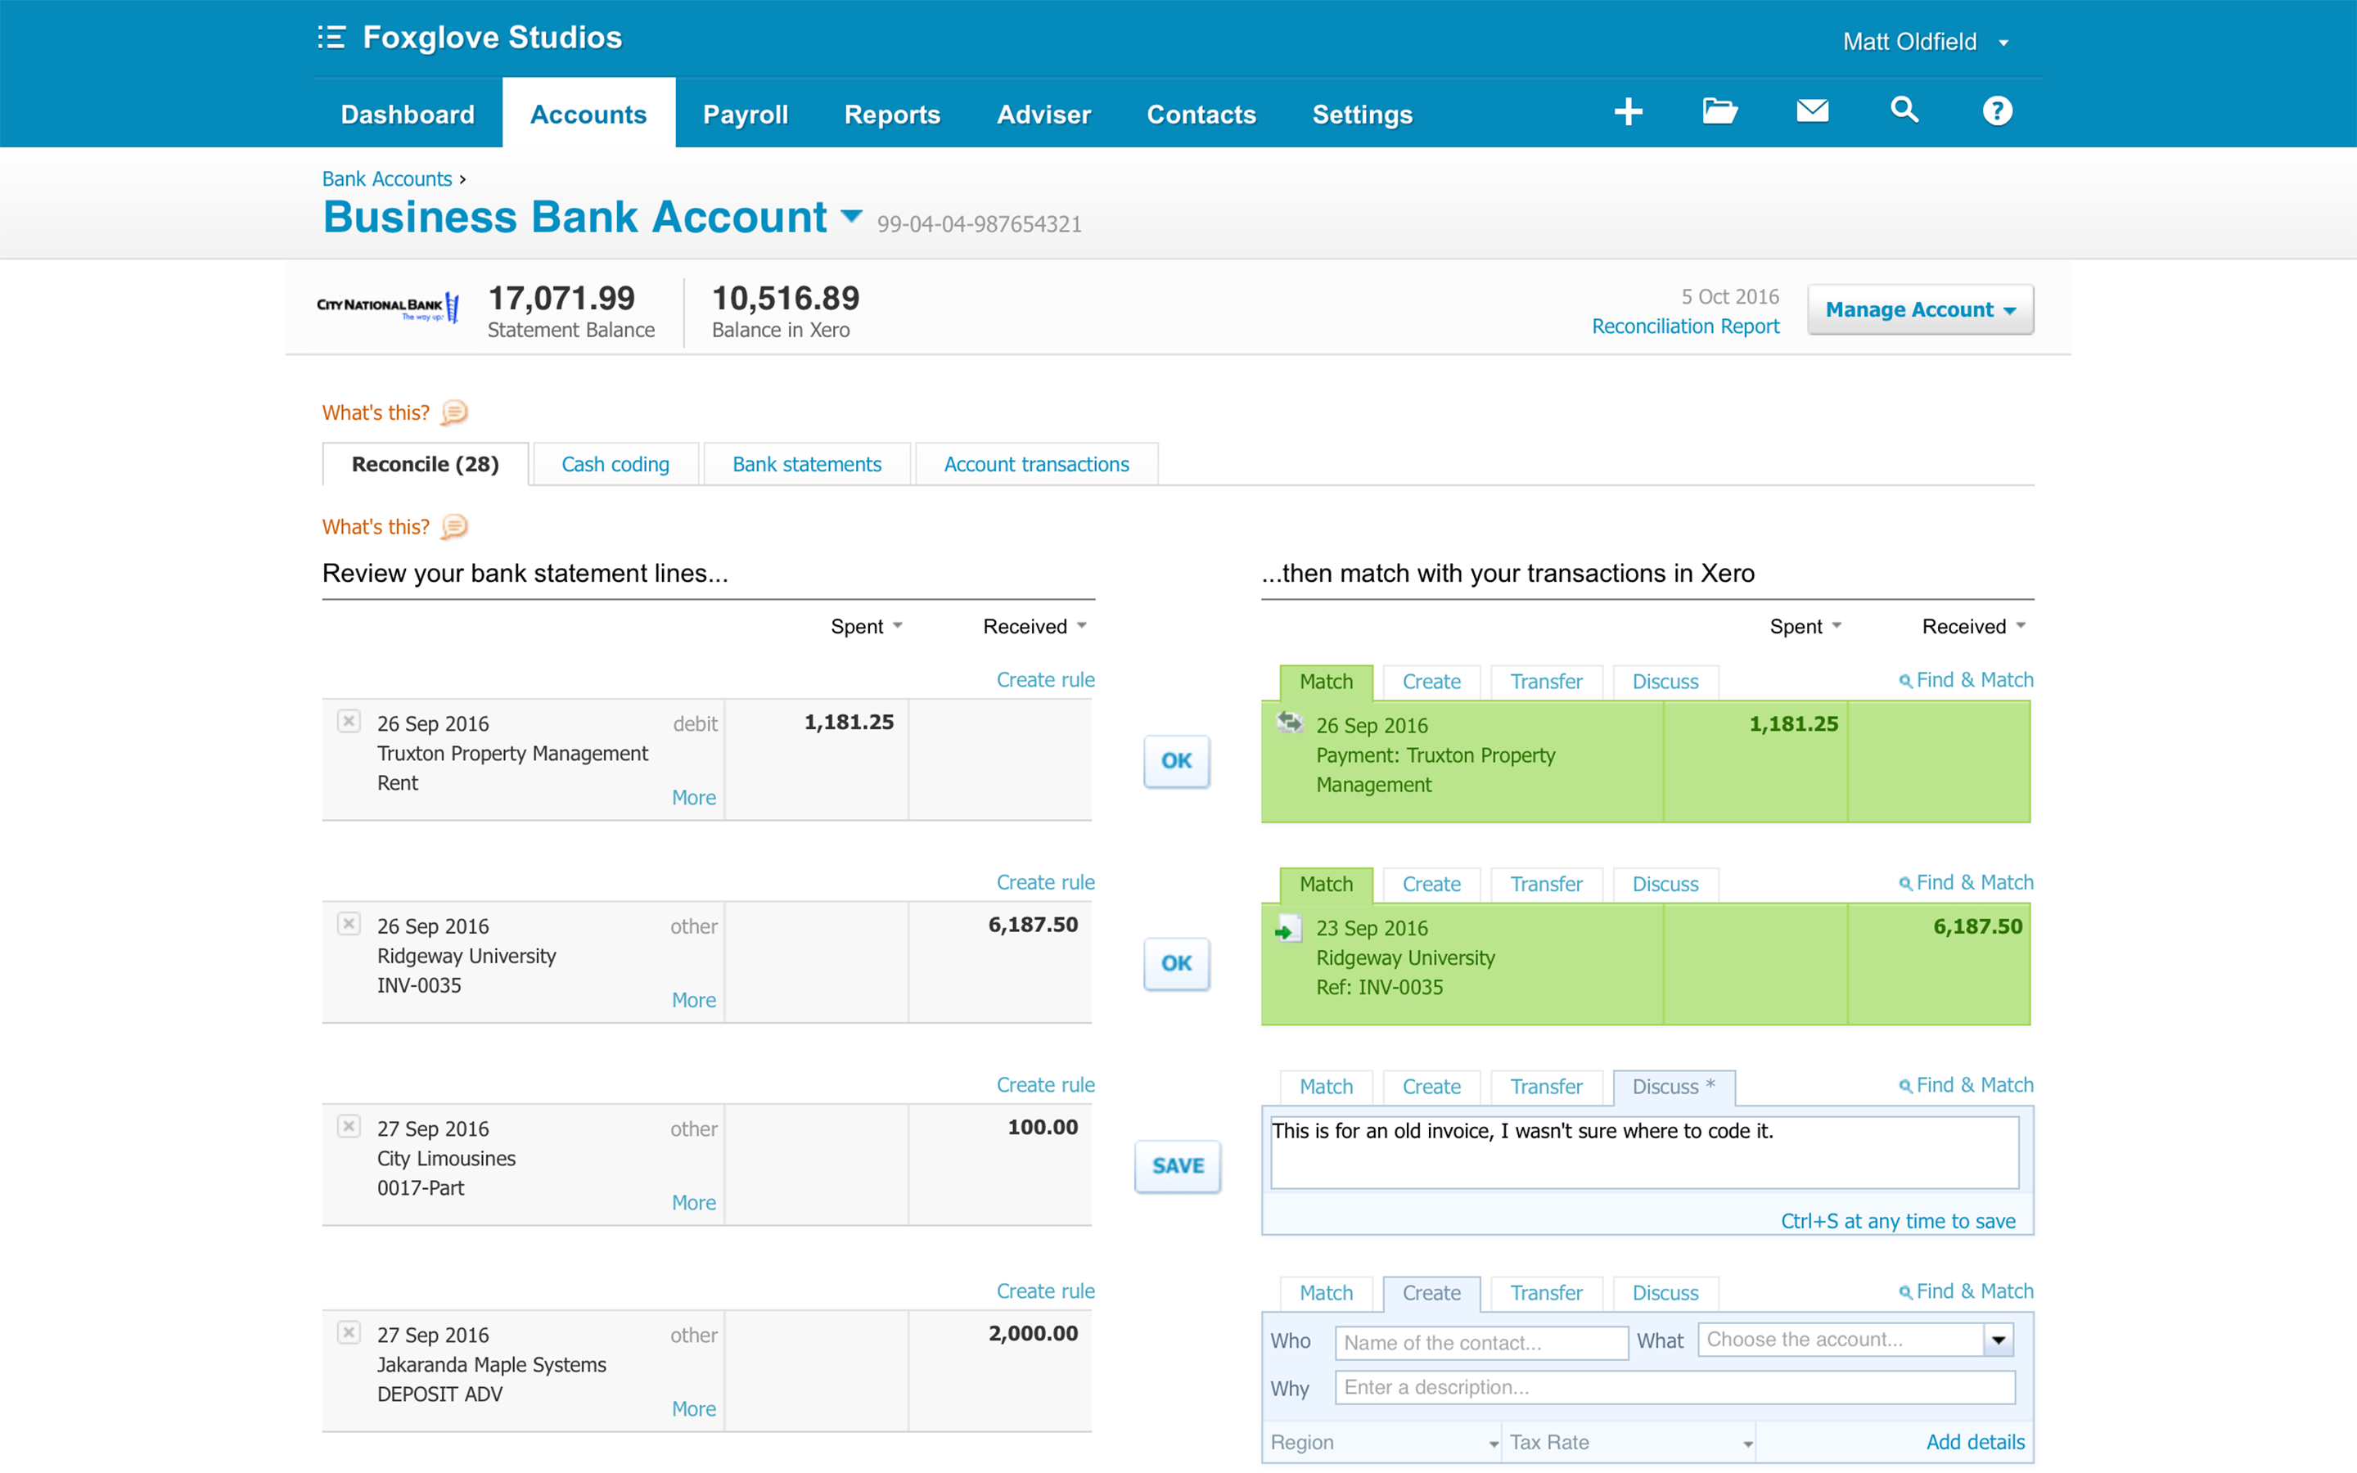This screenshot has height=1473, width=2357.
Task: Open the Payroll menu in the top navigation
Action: tap(745, 114)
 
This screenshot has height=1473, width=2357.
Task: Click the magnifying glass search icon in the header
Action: tap(1904, 110)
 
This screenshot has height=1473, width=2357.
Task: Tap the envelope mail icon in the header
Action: tap(1812, 110)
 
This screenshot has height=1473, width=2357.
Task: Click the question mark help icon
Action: tap(1997, 111)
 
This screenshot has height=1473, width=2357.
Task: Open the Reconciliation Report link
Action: tap(1685, 327)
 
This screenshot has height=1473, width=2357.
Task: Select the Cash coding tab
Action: tap(615, 465)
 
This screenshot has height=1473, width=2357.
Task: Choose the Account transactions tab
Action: tap(1036, 465)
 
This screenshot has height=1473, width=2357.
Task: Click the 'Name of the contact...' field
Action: tap(1480, 1342)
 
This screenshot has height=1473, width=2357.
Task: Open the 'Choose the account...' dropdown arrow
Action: tap(1999, 1340)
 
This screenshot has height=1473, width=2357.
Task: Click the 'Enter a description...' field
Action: tap(1674, 1387)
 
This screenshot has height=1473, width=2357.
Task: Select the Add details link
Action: tap(1975, 1442)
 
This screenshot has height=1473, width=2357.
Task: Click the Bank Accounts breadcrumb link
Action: tap(386, 179)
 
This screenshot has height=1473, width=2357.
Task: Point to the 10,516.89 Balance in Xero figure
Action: tap(785, 298)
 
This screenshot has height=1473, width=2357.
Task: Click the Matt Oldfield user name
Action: tap(1909, 42)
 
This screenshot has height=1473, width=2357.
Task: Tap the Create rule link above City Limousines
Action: tap(1045, 1084)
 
